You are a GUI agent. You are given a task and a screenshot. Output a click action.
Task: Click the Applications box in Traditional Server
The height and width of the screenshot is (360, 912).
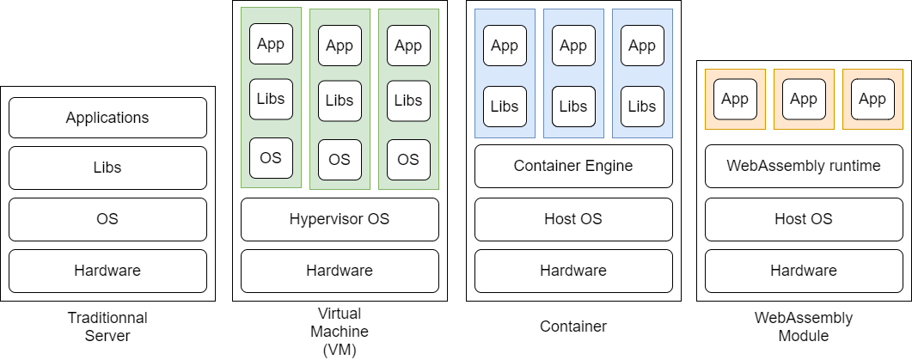pos(107,118)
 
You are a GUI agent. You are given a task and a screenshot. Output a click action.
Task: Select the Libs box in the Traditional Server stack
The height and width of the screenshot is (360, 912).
pos(107,168)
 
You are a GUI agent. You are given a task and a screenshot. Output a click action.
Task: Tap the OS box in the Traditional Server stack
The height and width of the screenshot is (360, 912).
pos(107,219)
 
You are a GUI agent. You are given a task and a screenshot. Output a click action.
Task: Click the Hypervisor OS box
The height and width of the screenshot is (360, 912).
pos(340,219)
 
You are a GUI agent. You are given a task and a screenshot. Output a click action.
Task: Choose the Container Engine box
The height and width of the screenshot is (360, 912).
pos(573,166)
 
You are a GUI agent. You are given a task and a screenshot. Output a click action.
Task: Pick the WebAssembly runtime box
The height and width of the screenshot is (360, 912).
pos(804,166)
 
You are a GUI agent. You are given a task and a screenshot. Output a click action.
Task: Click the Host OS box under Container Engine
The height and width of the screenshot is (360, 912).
pos(573,219)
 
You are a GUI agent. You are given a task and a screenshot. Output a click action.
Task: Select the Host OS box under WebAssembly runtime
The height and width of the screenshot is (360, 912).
pos(804,219)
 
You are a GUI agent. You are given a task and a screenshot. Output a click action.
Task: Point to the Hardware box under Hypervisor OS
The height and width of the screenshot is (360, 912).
pos(340,271)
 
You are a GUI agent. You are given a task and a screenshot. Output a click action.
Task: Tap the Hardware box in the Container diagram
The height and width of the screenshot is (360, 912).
pos(573,271)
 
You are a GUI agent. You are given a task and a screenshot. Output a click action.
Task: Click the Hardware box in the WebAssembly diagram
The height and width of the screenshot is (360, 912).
pos(804,271)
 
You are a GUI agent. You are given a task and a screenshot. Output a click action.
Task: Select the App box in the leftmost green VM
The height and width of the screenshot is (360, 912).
pos(271,44)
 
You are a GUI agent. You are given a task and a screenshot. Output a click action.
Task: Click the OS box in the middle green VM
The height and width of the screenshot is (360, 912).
pos(340,159)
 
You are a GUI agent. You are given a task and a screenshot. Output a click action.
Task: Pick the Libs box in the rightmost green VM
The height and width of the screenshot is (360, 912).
pos(408,101)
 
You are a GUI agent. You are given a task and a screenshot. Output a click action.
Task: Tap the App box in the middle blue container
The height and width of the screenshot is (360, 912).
pos(573,46)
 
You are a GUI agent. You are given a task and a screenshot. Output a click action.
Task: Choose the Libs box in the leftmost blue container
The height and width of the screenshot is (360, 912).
pos(505,107)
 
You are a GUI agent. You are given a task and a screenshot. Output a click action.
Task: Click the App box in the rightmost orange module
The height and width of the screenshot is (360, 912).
pos(872,99)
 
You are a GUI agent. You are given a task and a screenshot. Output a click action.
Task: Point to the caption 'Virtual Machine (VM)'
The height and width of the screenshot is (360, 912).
pos(340,331)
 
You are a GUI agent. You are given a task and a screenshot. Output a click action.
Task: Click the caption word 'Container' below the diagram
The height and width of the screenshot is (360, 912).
pos(573,326)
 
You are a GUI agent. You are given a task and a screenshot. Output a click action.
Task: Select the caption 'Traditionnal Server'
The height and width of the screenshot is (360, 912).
pos(107,326)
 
